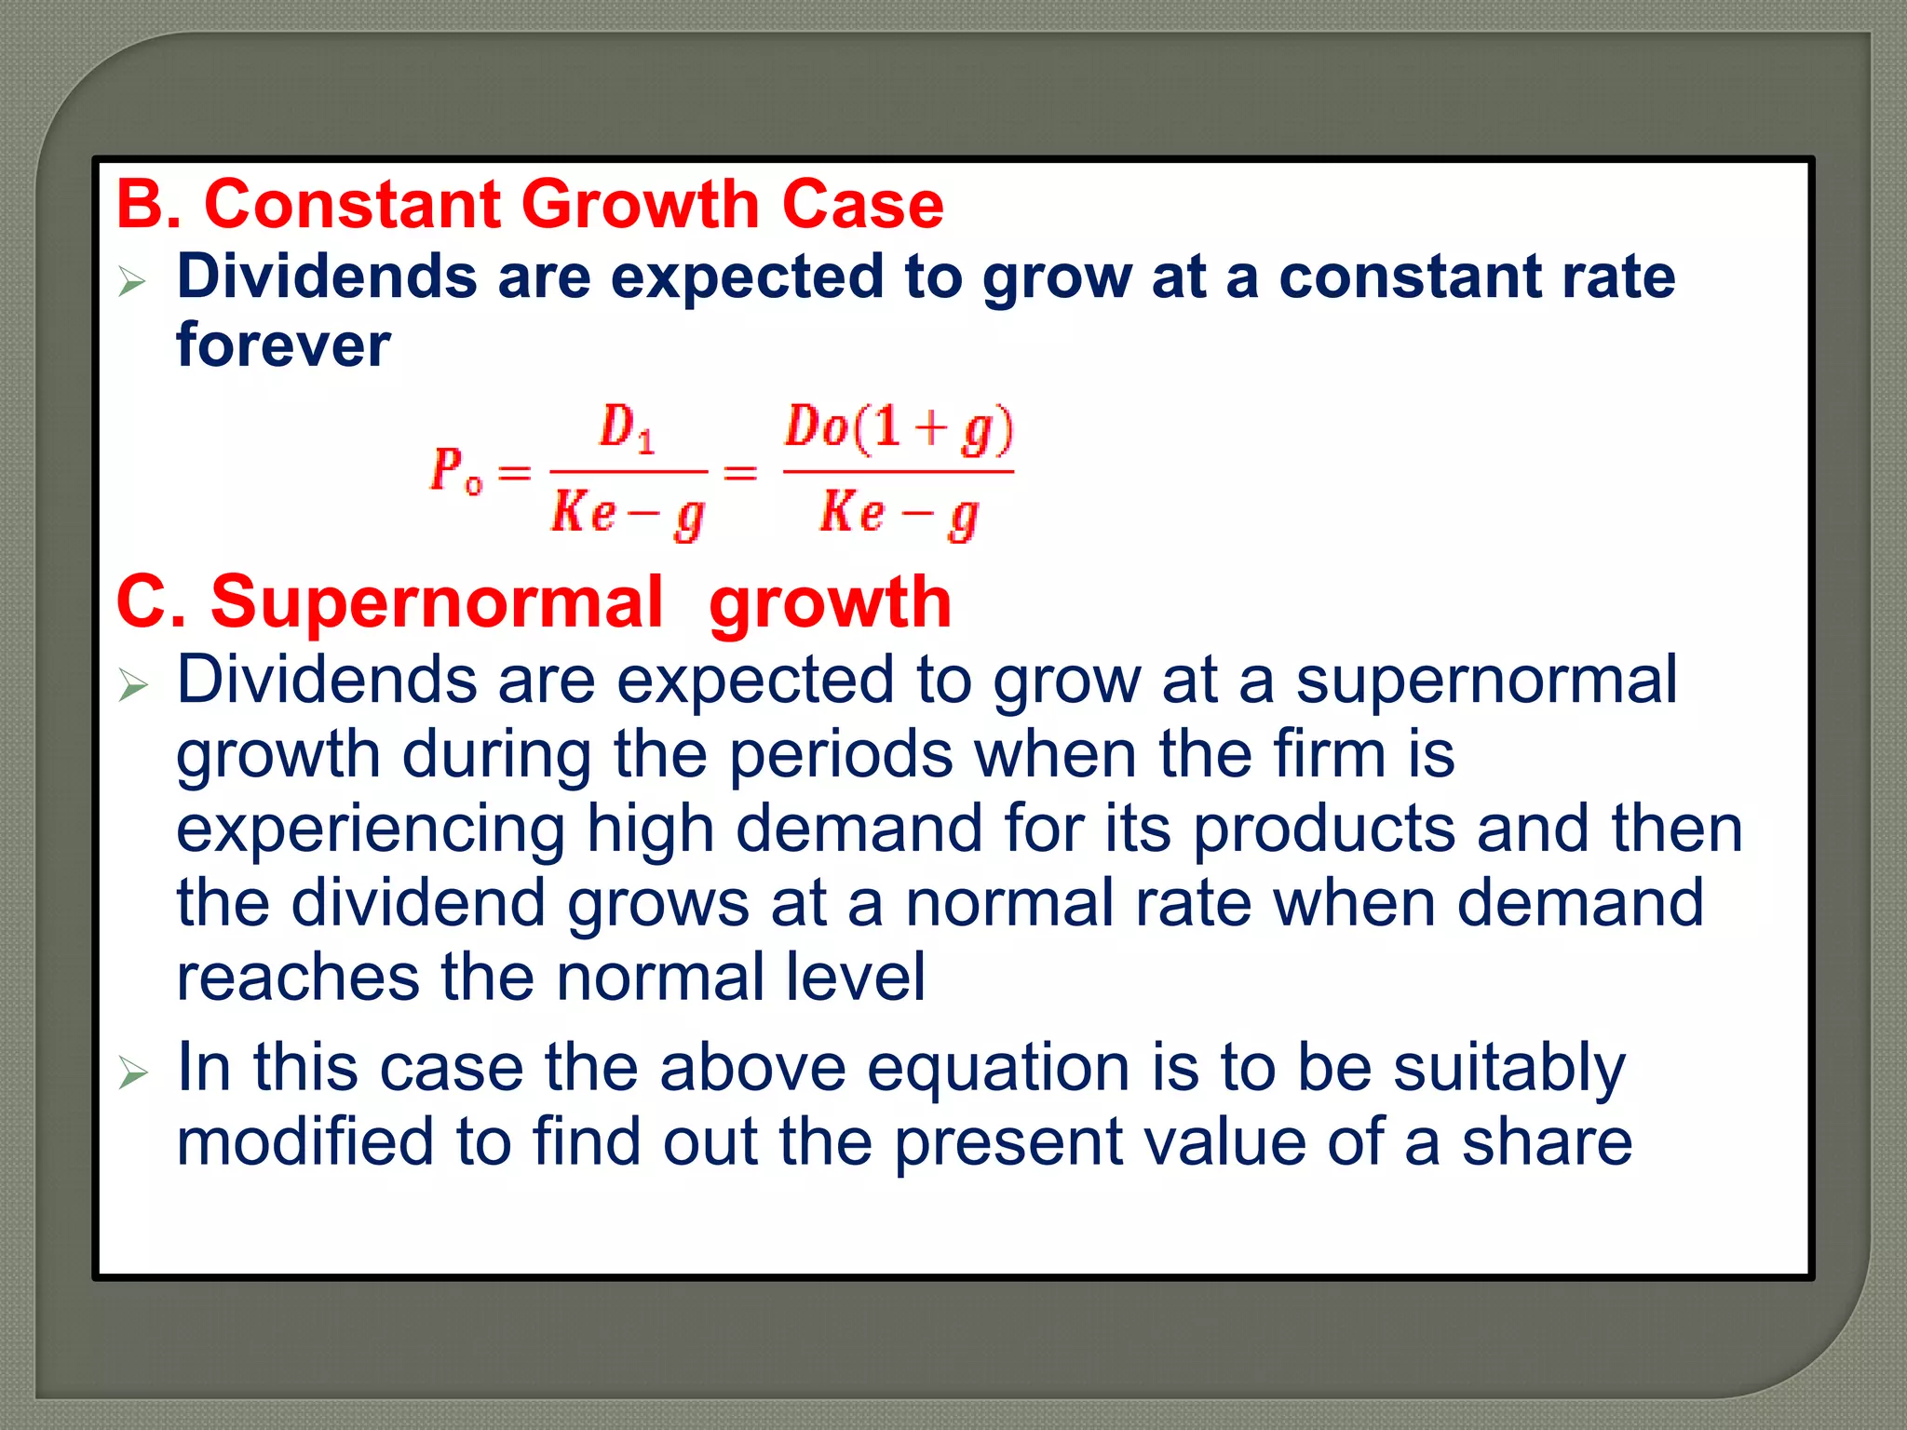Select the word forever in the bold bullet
(283, 345)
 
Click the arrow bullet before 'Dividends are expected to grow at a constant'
(133, 280)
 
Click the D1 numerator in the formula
(627, 428)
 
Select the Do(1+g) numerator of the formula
(899, 429)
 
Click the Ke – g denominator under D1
(628, 515)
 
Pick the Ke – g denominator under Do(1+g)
(899, 515)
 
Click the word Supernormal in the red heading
(436, 602)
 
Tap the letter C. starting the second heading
(149, 602)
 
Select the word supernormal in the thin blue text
(1486, 681)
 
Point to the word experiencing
(371, 829)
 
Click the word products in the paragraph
(1323, 829)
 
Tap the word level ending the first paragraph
(855, 978)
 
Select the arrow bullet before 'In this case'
(133, 1074)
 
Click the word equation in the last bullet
(998, 1068)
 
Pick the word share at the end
(1547, 1142)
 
